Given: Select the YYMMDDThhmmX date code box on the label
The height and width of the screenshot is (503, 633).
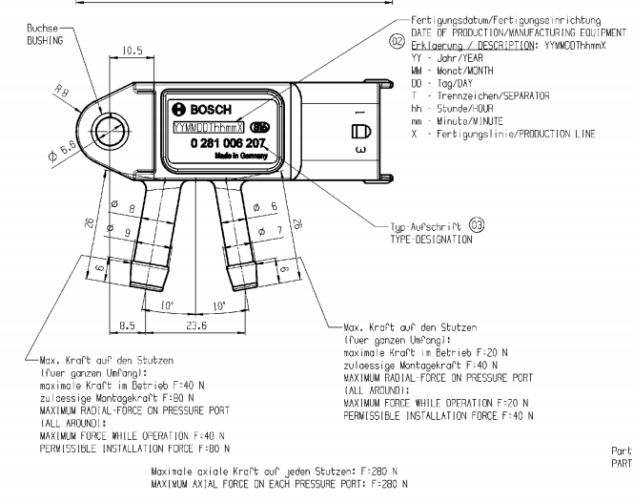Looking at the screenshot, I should (x=208, y=127).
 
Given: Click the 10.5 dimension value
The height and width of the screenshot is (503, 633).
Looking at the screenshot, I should (x=133, y=50).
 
